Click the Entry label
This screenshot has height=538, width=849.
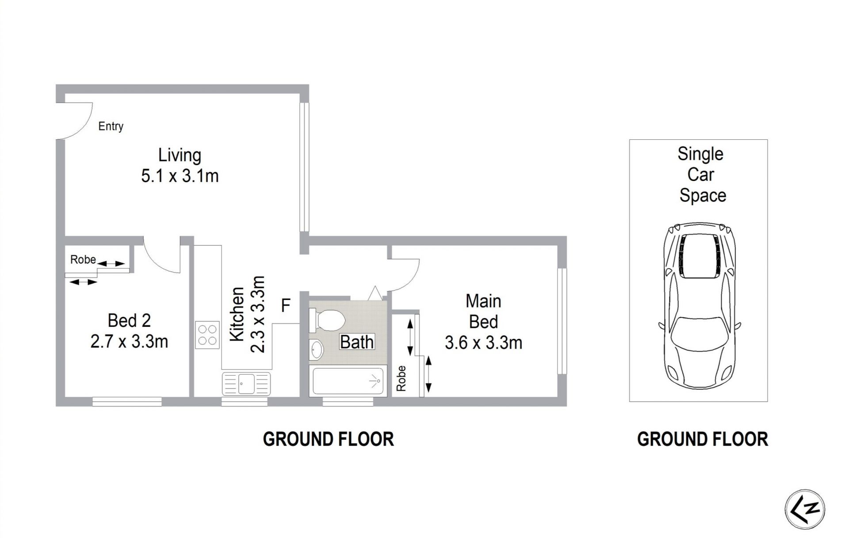click(111, 127)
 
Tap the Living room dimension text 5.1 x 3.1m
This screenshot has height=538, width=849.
click(180, 176)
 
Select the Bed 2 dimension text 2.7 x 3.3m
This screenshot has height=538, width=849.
click(129, 342)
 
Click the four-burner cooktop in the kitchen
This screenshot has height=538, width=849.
click(208, 335)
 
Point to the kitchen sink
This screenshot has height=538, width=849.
click(246, 383)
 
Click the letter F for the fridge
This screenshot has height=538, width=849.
click(286, 305)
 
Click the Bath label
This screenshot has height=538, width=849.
click(357, 342)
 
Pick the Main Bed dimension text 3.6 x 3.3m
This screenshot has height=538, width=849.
click(483, 343)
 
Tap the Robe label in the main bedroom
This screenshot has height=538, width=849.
click(401, 378)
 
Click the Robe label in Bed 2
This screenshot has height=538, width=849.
click(83, 259)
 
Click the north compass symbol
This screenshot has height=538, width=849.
click(805, 509)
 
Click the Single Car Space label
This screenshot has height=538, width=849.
click(701, 175)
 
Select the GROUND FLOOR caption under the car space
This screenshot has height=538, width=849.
click(702, 439)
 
